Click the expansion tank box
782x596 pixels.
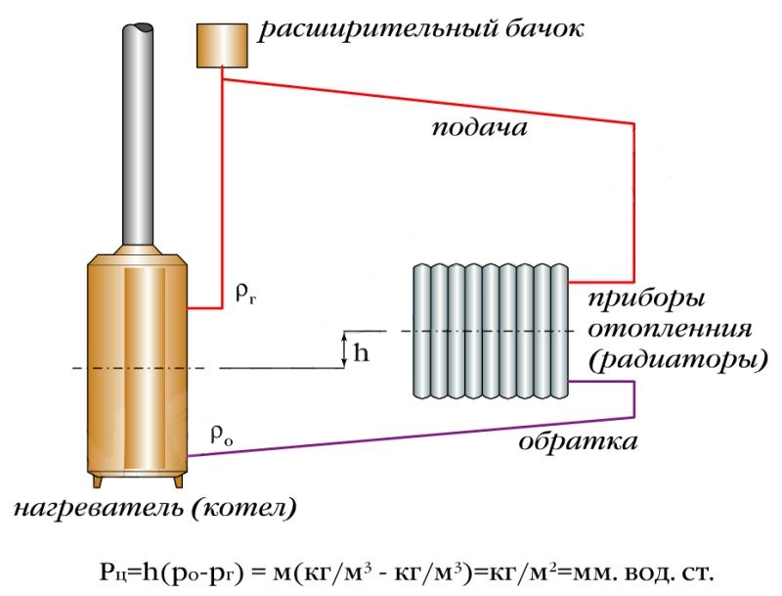pos(221,44)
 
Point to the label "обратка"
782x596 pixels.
pos(579,441)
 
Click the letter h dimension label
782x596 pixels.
pos(362,353)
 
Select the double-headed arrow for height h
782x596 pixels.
pos(343,349)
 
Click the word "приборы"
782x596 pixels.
pos(647,297)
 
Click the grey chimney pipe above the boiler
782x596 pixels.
pos(139,127)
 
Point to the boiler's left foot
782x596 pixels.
pos(97,483)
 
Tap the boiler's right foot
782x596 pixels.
pos(179,483)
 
